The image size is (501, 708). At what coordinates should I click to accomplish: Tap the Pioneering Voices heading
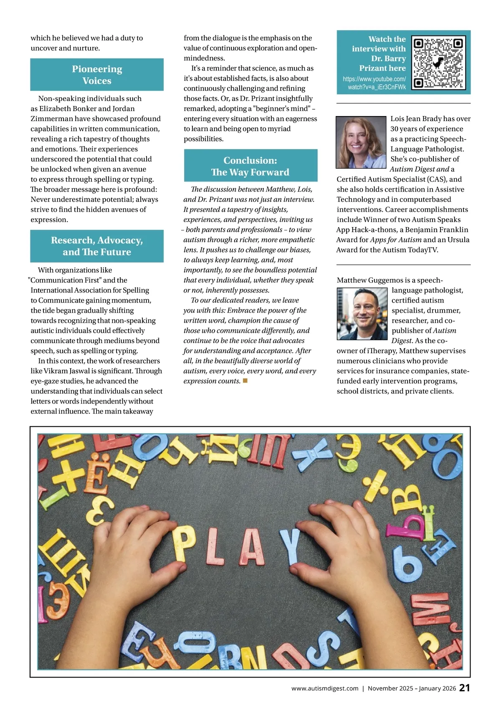97,75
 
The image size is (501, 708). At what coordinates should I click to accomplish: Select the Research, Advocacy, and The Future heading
97,246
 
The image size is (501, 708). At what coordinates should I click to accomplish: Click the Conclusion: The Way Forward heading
250,166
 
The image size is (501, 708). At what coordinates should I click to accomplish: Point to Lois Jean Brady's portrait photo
361,142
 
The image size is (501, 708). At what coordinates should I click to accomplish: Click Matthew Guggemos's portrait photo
362,314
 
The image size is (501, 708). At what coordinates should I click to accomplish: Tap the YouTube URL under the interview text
374,83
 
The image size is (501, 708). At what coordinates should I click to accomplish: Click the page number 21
465,688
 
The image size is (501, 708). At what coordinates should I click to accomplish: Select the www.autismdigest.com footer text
325,688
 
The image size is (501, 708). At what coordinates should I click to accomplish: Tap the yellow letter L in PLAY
216,546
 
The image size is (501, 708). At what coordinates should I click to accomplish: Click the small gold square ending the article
245,380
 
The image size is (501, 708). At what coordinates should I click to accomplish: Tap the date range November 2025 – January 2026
412,688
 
